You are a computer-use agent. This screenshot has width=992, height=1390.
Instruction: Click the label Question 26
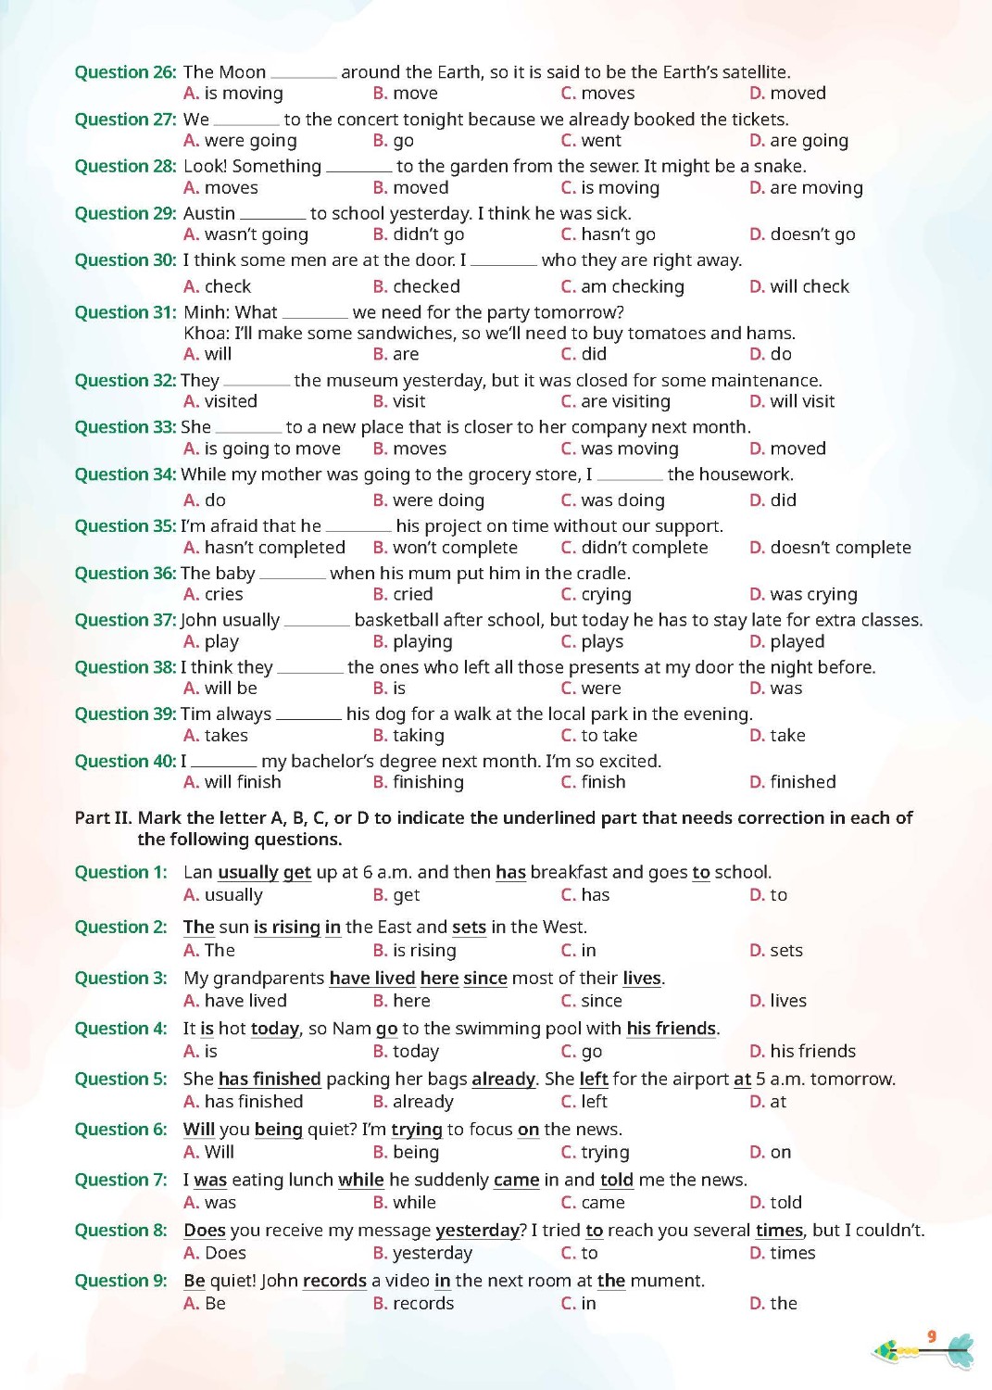[125, 72]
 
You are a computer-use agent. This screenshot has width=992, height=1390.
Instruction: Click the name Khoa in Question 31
[205, 334]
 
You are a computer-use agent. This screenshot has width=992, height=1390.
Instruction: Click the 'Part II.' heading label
[104, 818]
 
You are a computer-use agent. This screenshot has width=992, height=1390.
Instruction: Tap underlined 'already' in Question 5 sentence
[503, 1080]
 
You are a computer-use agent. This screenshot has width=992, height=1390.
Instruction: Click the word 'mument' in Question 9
[668, 1281]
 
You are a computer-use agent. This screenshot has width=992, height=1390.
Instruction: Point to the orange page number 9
[932, 1336]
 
